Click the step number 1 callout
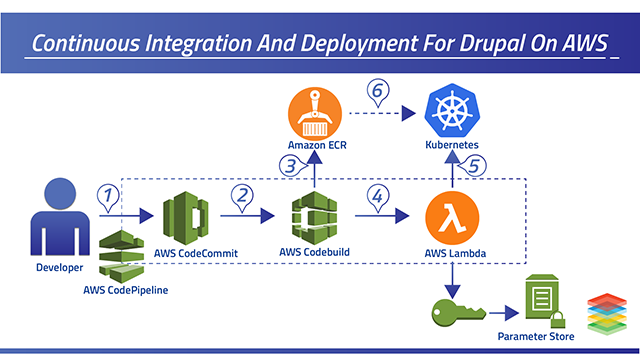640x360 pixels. point(110,196)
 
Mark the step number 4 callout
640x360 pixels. point(380,196)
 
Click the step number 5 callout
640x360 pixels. point(477,167)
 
